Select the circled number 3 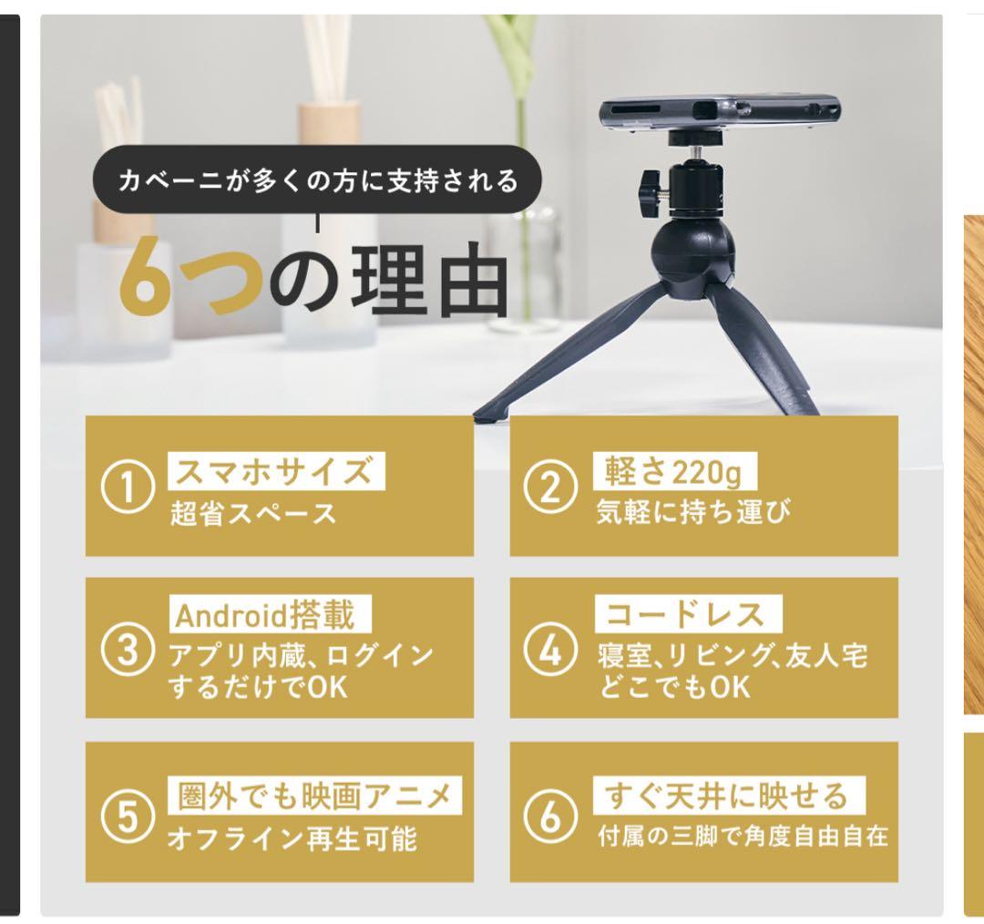128,650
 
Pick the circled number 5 128,816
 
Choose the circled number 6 550,816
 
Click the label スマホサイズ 276,471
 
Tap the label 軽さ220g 674,471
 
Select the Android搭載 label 270,615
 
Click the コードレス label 689,614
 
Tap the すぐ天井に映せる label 729,796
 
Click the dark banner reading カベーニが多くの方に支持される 317,180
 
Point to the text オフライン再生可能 292,838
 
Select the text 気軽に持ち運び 693,511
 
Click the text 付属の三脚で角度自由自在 743,837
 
